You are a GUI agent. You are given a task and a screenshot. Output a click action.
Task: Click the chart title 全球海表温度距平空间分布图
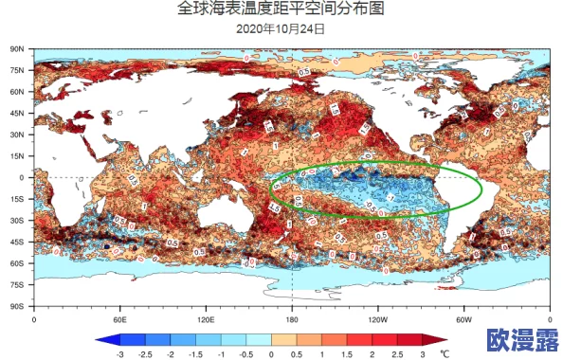281,9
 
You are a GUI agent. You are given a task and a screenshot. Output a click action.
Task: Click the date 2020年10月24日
281,28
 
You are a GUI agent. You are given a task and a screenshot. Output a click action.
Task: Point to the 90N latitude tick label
17,47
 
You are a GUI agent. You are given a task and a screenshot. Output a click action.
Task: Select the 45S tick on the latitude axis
17,242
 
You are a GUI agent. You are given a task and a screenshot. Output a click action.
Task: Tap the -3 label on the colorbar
119,353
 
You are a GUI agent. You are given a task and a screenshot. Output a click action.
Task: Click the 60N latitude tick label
17,91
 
